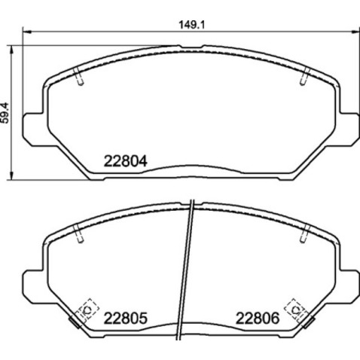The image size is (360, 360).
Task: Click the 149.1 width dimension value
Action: (x=189, y=23)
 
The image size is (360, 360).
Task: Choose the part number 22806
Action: (x=258, y=318)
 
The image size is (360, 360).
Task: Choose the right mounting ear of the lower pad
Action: (x=349, y=283)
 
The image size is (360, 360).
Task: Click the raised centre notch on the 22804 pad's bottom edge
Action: (x=191, y=168)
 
